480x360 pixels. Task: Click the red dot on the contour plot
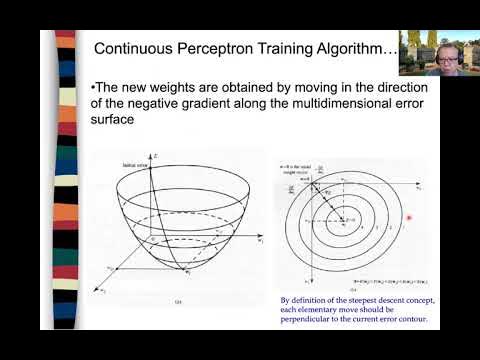pyautogui.click(x=409, y=217)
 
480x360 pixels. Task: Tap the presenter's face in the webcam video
pyautogui.click(x=445, y=55)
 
